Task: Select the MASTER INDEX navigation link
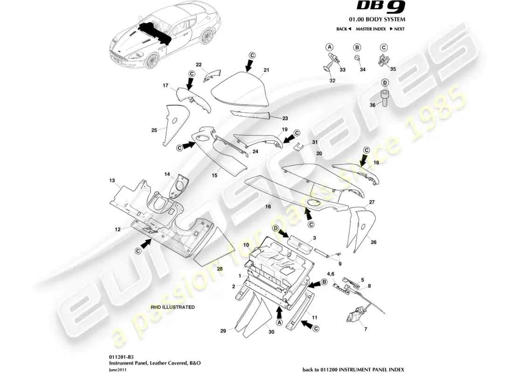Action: coord(370,29)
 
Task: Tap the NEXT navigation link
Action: coord(397,29)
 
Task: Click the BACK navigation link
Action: coord(343,29)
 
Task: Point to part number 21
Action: coord(267,70)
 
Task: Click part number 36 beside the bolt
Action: coord(373,105)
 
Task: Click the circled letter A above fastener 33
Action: coord(329,47)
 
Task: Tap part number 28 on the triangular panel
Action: coord(220,269)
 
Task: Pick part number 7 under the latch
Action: coord(366,330)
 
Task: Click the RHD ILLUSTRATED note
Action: coord(173,307)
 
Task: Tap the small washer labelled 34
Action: coord(357,58)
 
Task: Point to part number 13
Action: coord(112,180)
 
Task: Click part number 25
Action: coord(154,131)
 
